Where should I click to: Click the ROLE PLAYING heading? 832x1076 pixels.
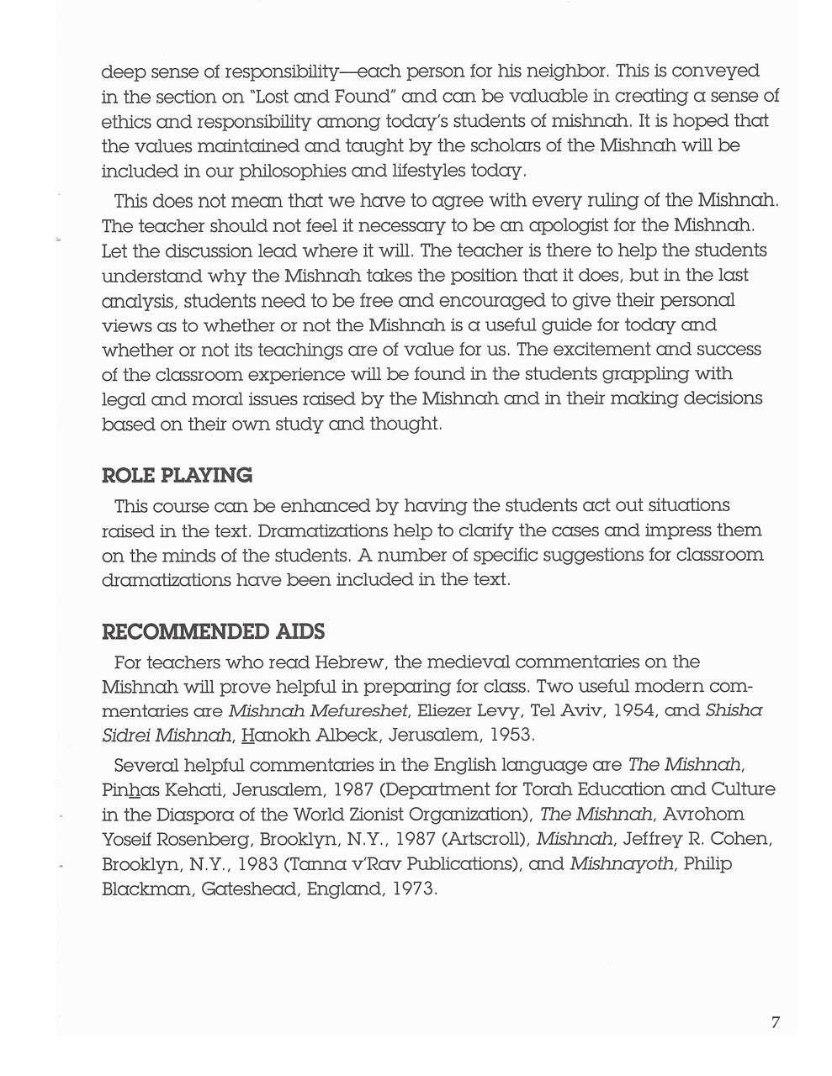tap(177, 476)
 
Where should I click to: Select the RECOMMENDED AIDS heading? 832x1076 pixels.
tap(213, 632)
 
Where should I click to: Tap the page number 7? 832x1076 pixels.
tap(775, 1023)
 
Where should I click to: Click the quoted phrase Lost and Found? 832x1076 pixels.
tap(299, 97)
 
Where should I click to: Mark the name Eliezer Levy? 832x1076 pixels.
tap(463, 711)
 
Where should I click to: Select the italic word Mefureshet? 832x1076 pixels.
tap(356, 711)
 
